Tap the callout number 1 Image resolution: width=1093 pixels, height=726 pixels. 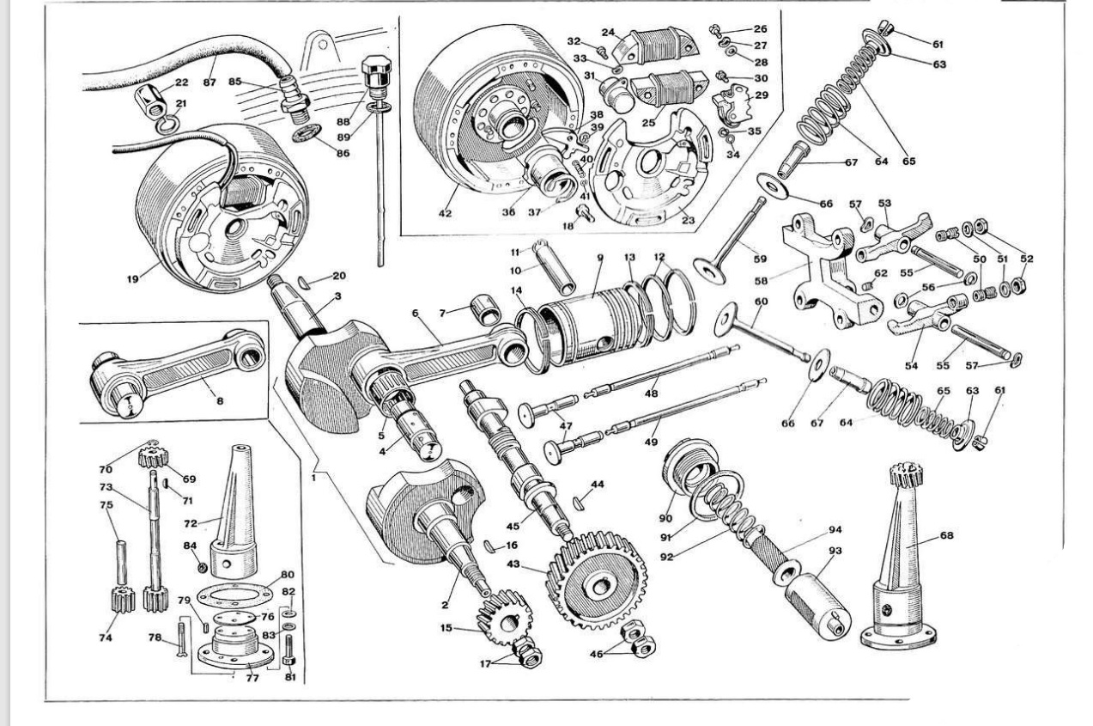point(313,473)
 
